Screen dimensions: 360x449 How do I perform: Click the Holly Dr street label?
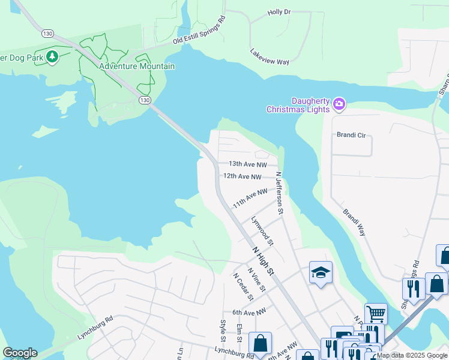pyautogui.click(x=279, y=12)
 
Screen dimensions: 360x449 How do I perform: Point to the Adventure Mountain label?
pyautogui.click(x=137, y=66)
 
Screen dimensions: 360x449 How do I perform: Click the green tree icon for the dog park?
pyautogui.click(x=53, y=56)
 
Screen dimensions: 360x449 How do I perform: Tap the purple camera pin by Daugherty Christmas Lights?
pyautogui.click(x=339, y=104)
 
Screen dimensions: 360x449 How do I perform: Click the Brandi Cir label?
pyautogui.click(x=351, y=135)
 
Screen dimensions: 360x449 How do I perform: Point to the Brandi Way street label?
pyautogui.click(x=354, y=222)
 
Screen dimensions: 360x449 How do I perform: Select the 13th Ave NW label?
pyautogui.click(x=248, y=164)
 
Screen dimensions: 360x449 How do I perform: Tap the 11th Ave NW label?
pyautogui.click(x=250, y=197)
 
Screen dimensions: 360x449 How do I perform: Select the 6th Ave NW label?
pyautogui.click(x=249, y=313)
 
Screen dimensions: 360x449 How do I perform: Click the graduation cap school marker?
pyautogui.click(x=321, y=272)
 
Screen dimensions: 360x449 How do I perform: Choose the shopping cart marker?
pyautogui.click(x=376, y=313)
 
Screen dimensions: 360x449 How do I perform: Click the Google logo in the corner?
pyautogui.click(x=20, y=353)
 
